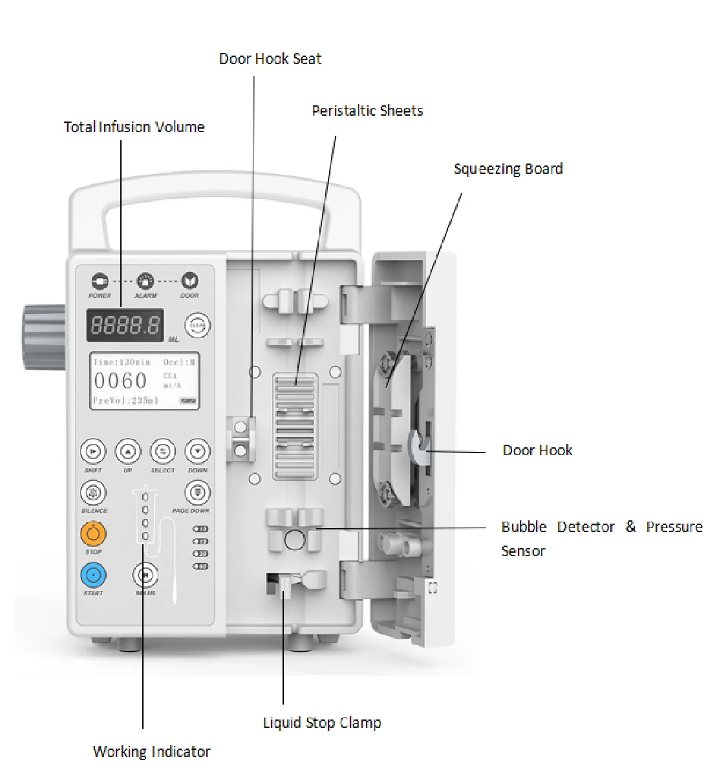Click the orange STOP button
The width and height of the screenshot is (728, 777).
[94, 534]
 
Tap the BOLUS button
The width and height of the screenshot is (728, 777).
[145, 575]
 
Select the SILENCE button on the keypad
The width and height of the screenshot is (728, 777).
[93, 493]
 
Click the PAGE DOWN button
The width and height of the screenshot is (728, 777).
[197, 493]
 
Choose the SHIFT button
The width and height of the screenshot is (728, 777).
[92, 451]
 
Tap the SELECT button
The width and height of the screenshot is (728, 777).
[162, 451]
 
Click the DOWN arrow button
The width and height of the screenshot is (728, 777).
[197, 451]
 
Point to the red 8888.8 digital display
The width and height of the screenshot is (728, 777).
[125, 325]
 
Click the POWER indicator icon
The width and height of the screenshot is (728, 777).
[100, 281]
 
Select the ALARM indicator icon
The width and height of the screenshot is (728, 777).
[145, 281]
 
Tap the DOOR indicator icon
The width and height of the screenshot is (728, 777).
[189, 281]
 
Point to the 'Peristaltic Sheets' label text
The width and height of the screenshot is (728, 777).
[367, 111]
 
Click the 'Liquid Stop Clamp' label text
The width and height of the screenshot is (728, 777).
[321, 723]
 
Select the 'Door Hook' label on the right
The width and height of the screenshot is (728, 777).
[537, 451]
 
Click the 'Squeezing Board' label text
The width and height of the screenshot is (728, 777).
[508, 169]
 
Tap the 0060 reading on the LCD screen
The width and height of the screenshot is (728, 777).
[121, 381]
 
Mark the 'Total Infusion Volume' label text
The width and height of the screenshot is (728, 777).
[134, 127]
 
